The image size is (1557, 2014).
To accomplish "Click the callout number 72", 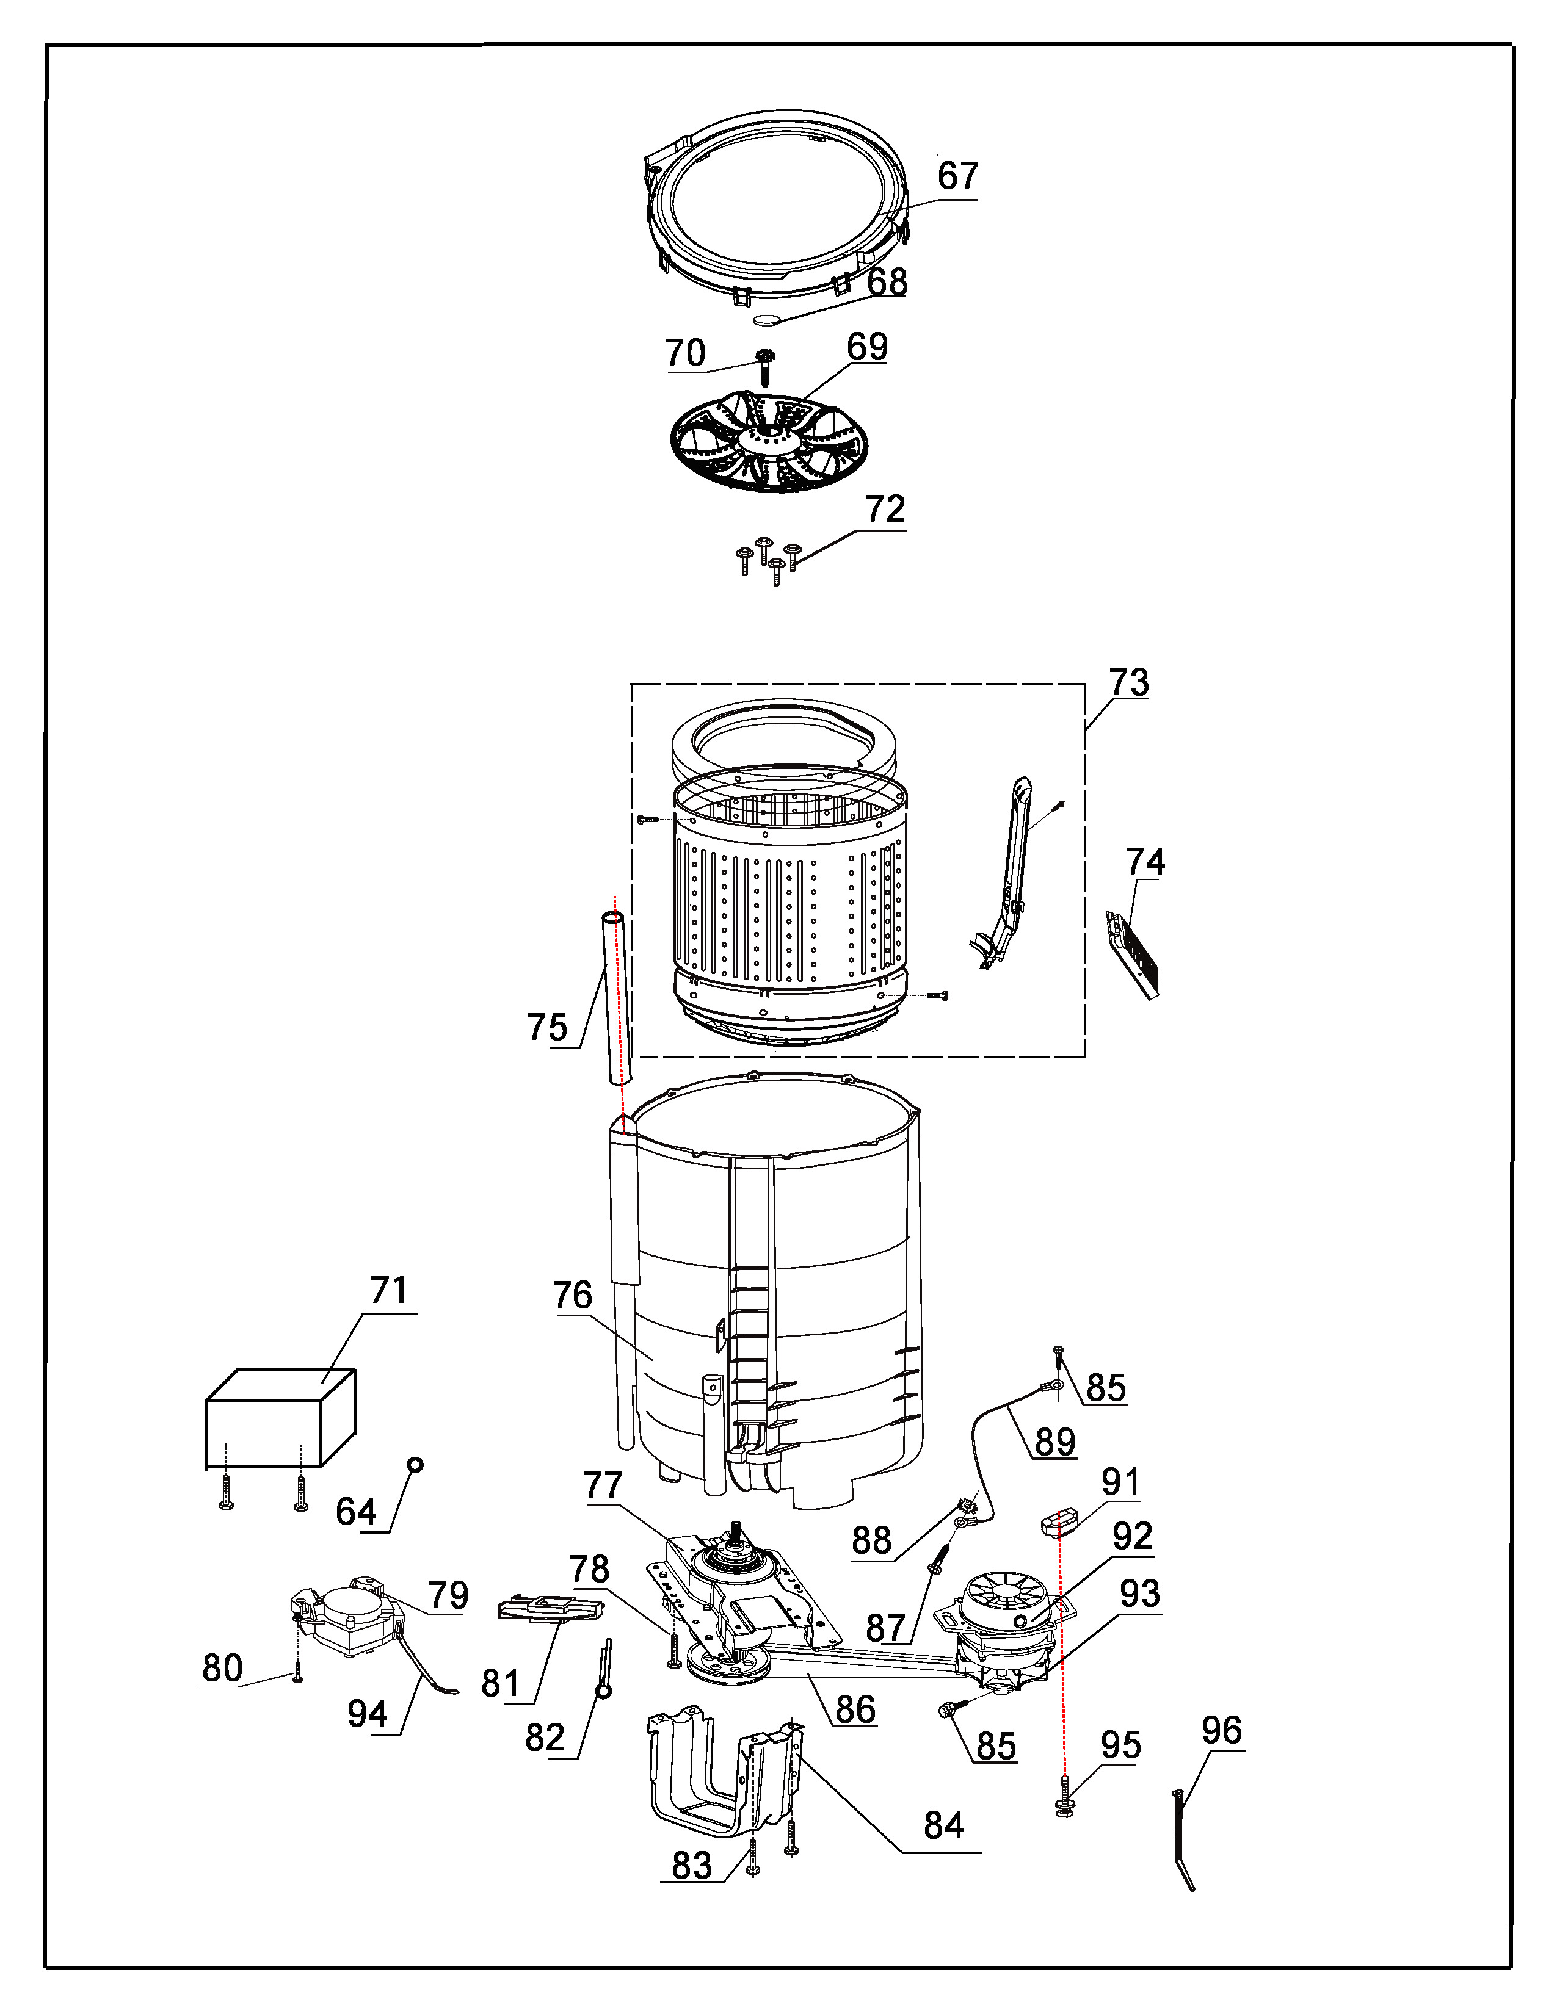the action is [885, 509].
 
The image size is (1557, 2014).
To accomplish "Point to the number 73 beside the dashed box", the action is [1129, 682].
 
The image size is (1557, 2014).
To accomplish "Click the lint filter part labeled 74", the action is [1133, 955].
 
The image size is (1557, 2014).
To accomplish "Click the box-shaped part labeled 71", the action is [280, 1417].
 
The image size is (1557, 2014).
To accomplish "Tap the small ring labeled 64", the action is [415, 1464].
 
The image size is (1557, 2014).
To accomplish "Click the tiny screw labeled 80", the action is [297, 1673].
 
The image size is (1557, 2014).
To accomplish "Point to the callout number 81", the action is [501, 1684].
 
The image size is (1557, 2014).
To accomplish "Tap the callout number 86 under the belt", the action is [855, 1709].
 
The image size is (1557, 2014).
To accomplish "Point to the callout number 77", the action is [603, 1485].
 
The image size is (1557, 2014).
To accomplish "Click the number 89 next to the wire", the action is [1055, 1442].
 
